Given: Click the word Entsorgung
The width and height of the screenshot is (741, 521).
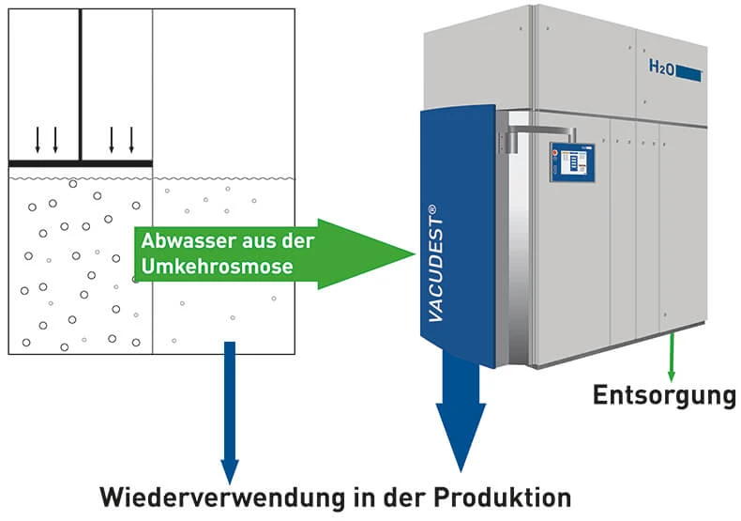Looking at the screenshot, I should (663, 395).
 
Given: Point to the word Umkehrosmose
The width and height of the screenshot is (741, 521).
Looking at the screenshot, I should (218, 267).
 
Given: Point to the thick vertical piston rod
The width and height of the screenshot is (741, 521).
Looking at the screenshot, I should (81, 84).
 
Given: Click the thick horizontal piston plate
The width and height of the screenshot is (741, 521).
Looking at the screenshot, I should (81, 164).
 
